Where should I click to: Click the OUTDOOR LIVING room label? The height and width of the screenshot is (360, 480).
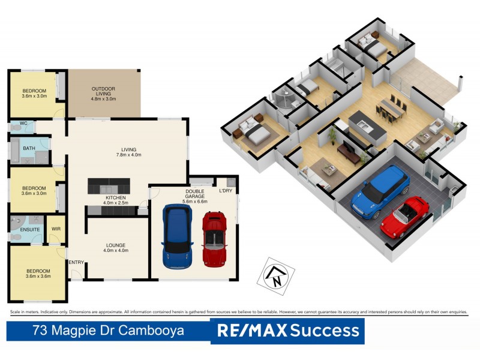(103, 89)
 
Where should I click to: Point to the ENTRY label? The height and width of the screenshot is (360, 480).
(76, 262)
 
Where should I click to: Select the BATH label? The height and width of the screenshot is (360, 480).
(29, 148)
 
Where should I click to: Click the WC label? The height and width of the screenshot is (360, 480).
(23, 124)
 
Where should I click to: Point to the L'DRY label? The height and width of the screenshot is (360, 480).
(226, 190)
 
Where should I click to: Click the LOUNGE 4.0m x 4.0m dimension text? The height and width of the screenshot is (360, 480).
(116, 250)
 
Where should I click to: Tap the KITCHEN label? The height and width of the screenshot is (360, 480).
(115, 197)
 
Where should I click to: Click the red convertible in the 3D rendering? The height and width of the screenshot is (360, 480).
(405, 215)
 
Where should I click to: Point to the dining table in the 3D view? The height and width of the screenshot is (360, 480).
(391, 109)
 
